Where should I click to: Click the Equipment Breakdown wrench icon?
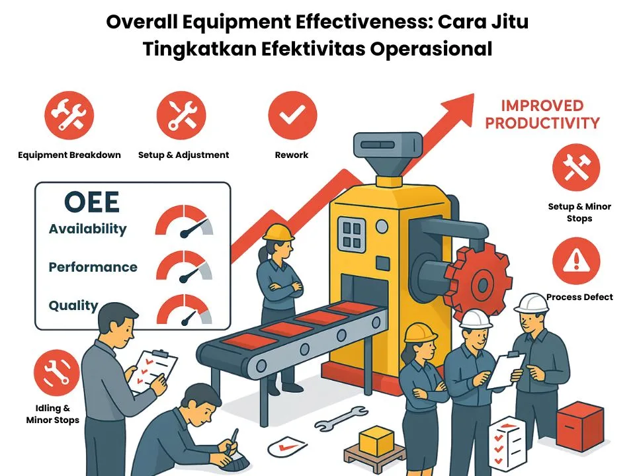click(69, 116)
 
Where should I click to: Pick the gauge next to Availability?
click(185, 221)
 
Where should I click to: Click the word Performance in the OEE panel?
click(93, 267)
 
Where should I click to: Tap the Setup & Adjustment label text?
click(183, 155)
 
